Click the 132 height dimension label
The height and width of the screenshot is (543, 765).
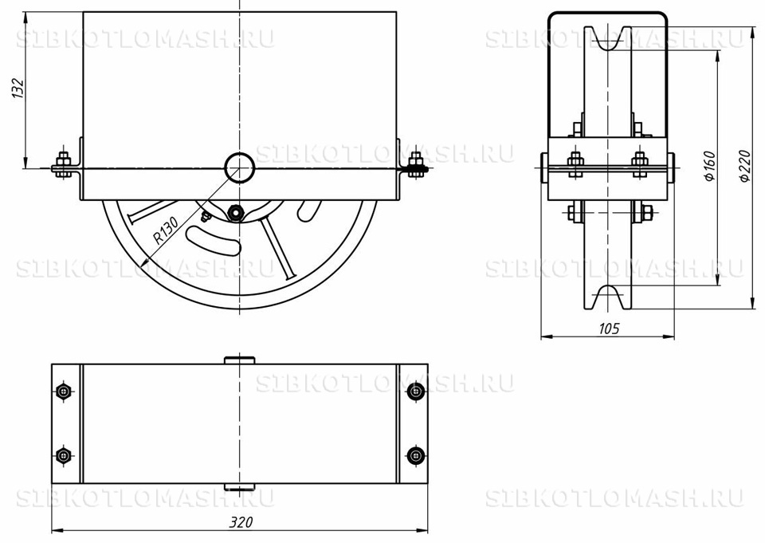click(x=18, y=89)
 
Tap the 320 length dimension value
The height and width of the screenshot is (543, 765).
click(x=241, y=522)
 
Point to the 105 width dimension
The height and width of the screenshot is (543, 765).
click(x=608, y=329)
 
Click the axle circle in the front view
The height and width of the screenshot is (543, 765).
click(x=240, y=167)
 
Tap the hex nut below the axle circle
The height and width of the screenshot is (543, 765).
click(x=235, y=212)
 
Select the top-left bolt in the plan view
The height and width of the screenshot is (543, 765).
click(x=64, y=392)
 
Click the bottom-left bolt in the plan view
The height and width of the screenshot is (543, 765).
click(x=64, y=455)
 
